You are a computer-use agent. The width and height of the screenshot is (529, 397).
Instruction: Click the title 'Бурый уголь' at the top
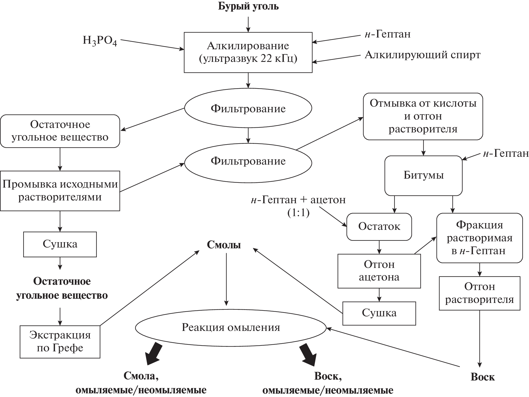[x=248, y=6]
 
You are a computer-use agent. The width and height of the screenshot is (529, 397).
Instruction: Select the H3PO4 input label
[x=100, y=41]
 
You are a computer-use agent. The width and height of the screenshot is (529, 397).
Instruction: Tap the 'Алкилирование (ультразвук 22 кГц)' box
[x=248, y=53]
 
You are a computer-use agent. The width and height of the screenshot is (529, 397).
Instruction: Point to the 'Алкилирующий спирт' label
[x=422, y=55]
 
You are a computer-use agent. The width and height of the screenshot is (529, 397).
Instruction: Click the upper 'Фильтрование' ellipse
[x=248, y=109]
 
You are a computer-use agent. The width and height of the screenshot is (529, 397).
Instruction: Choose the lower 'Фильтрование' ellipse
[x=248, y=161]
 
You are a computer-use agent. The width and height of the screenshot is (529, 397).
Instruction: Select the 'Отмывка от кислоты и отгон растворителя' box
[x=423, y=116]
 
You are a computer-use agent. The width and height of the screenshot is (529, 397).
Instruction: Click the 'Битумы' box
[x=423, y=176]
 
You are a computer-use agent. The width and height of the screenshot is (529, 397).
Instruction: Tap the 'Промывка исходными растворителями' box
[x=60, y=191]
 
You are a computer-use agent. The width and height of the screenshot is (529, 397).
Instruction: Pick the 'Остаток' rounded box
[x=379, y=226]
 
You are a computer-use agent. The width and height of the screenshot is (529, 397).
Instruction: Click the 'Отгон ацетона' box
[x=379, y=271]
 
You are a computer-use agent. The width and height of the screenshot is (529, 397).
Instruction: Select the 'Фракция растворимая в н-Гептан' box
[x=479, y=238]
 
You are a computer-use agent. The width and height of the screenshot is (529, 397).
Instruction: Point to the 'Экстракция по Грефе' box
[x=60, y=342]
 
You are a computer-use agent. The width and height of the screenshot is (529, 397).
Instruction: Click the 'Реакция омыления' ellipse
[x=231, y=328]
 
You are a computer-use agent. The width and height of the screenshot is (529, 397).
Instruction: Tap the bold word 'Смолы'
[x=224, y=245]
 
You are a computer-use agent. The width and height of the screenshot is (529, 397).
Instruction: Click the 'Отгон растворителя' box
[x=479, y=293]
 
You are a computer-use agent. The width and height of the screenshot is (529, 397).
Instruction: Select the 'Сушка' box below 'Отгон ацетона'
[x=379, y=313]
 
